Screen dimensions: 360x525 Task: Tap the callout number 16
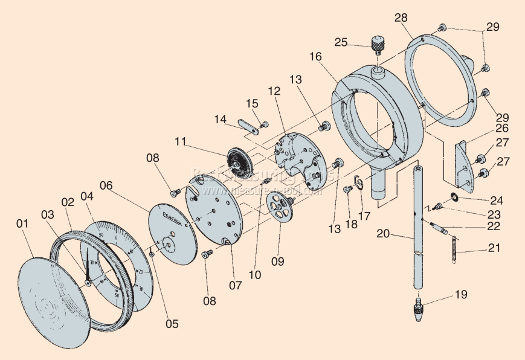click(x=315, y=56)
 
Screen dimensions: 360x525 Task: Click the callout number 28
click(x=401, y=18)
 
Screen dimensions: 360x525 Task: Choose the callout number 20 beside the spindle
click(x=382, y=233)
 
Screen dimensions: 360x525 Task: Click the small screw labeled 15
click(x=263, y=125)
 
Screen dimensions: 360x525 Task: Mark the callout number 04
click(x=87, y=196)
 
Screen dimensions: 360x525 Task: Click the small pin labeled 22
click(x=439, y=228)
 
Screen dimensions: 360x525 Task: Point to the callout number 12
click(x=274, y=91)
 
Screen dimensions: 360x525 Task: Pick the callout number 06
click(x=106, y=186)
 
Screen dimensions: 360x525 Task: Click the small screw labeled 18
click(x=347, y=190)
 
